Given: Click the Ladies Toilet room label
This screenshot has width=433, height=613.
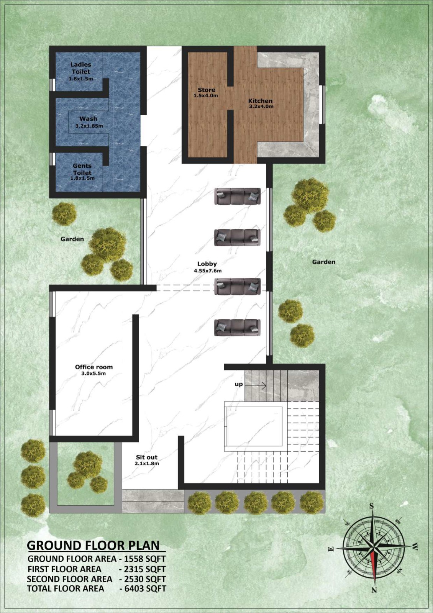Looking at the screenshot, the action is click(80, 68).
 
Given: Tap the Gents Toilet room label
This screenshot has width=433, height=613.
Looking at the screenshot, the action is click(82, 169).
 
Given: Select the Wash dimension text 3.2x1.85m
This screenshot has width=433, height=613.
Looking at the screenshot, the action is click(89, 126).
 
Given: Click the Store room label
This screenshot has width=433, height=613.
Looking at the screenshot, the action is click(207, 90).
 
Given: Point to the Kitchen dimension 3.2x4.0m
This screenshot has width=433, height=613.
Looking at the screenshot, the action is click(261, 107).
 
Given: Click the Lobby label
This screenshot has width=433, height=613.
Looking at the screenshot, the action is click(207, 264).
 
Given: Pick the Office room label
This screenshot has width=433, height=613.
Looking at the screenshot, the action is click(94, 367).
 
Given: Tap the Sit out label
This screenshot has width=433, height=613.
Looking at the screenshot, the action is click(147, 457).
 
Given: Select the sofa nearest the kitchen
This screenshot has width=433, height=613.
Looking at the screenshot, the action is click(237, 196).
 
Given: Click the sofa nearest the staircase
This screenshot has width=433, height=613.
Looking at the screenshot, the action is click(237, 327).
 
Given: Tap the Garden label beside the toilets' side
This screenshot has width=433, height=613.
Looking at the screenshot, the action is click(72, 239).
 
